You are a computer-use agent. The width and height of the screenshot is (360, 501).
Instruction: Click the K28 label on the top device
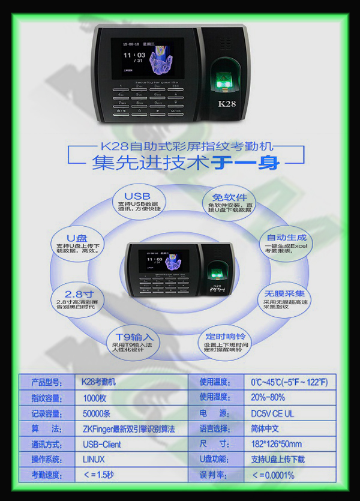[227, 103]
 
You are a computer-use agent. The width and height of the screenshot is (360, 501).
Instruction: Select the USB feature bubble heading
[137, 196]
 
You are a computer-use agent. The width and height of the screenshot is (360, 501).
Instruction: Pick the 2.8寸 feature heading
[79, 293]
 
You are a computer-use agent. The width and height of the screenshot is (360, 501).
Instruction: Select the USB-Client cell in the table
[101, 444]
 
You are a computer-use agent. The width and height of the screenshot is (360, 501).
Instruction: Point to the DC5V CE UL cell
[273, 413]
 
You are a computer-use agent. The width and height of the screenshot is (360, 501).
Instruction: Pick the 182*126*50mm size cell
[276, 444]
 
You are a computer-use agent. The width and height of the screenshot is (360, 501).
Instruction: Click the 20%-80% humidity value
[268, 397]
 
